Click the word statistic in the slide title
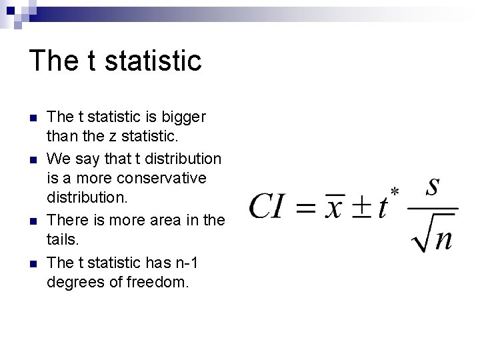click(153, 61)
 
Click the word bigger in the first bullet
click(183, 117)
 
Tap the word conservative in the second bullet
click(161, 179)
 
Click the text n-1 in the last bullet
click(185, 263)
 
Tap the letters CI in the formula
click(269, 207)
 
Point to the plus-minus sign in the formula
click(361, 207)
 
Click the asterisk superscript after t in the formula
click(395, 192)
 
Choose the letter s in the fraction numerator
click(433, 187)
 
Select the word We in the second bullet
click(57, 159)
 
